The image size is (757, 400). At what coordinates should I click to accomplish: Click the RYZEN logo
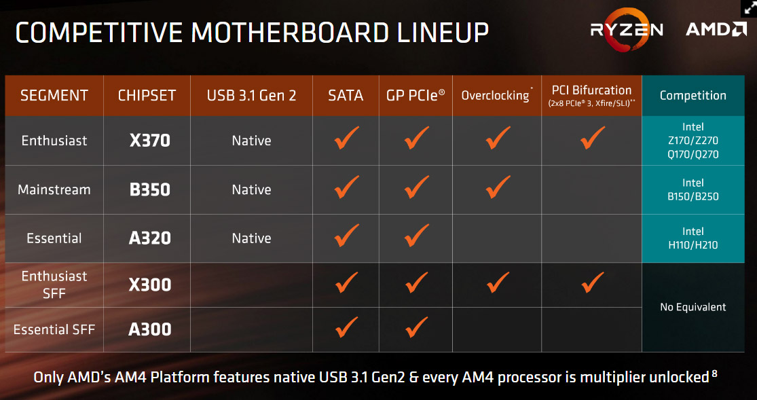627,29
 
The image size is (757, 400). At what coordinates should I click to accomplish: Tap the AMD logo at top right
716,29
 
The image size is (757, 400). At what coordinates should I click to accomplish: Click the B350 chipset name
149,189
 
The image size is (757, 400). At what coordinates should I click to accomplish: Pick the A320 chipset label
149,238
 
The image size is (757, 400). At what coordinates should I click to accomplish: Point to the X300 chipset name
149,285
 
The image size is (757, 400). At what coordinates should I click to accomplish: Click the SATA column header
346,95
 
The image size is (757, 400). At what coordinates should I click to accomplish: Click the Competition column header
693,95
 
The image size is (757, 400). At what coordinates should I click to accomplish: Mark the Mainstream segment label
54,189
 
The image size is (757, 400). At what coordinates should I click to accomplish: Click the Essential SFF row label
54,329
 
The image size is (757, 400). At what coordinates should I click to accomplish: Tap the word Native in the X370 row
251,141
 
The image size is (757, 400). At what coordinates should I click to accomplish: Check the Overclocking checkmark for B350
498,187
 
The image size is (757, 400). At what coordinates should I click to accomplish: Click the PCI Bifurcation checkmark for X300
593,282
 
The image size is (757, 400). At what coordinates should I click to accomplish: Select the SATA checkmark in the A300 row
347,327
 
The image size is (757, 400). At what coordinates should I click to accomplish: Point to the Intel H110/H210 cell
693,238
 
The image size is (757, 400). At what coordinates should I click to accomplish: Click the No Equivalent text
693,307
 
